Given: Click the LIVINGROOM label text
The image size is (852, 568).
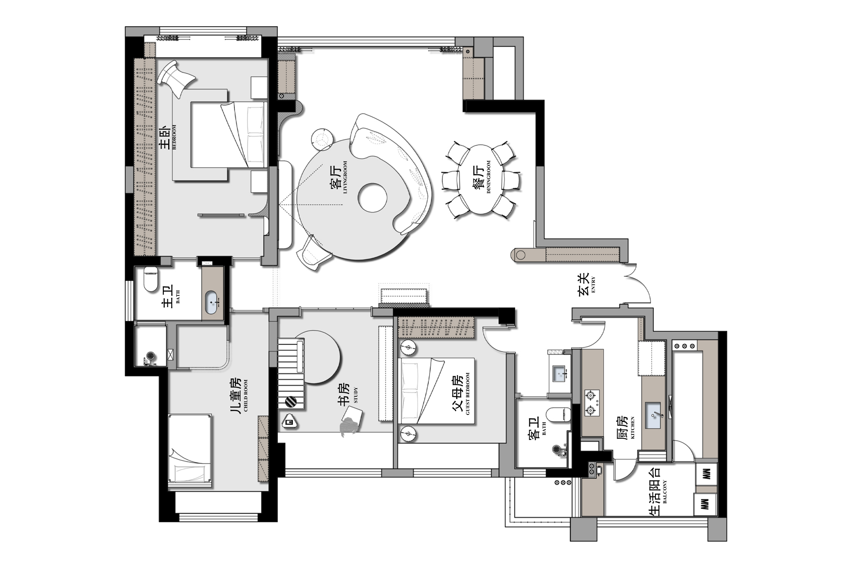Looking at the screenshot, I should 345,177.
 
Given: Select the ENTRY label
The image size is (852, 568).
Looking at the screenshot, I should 593,284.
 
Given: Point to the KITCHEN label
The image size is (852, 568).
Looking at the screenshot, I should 632,427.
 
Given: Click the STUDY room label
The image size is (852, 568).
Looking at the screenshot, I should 355,395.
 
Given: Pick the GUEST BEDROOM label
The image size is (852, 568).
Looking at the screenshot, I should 467,394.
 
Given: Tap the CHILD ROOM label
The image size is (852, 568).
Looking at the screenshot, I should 245,395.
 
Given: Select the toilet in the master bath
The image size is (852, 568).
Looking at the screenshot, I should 151,279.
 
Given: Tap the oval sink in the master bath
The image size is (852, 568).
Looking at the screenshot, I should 212,301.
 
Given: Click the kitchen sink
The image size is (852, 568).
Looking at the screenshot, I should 652,415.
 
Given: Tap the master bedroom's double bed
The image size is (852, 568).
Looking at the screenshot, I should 229,134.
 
